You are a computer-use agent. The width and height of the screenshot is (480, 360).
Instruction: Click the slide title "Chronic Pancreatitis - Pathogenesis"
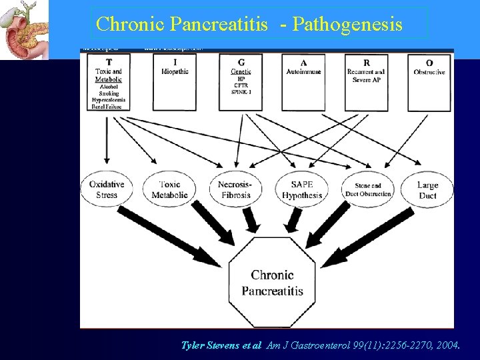click(x=249, y=24)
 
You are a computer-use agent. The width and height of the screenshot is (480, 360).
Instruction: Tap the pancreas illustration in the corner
click(x=24, y=30)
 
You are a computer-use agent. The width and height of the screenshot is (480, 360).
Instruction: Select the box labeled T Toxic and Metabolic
click(x=107, y=81)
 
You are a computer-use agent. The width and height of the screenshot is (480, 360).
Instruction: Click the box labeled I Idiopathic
click(x=175, y=81)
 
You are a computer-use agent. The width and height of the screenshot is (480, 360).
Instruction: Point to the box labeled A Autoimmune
click(x=304, y=81)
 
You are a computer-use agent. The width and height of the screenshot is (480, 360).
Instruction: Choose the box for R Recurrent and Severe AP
click(x=367, y=81)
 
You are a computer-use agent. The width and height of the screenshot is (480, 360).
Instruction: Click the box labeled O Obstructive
click(x=429, y=81)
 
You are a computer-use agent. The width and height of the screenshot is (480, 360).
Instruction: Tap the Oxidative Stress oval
click(x=107, y=190)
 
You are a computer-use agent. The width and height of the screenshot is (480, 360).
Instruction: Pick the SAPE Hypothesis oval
click(x=301, y=190)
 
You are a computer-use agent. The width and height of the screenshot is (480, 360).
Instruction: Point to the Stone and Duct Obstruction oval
click(x=368, y=190)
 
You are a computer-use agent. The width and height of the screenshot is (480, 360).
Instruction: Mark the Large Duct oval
click(x=427, y=190)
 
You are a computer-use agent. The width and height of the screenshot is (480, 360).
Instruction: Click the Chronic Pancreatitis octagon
click(x=272, y=283)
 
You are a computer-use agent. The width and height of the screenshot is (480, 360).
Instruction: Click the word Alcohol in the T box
click(x=107, y=86)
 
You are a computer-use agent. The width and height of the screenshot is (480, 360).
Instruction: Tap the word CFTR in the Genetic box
click(x=236, y=86)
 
